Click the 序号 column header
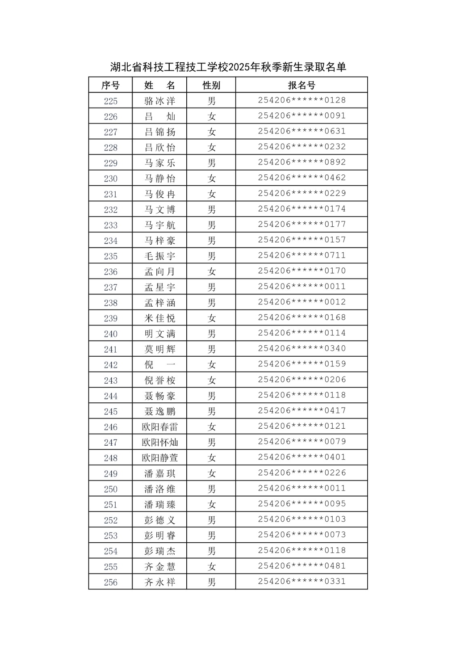(x=110, y=85)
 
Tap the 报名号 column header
(x=301, y=85)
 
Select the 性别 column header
(x=211, y=85)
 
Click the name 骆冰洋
(x=160, y=101)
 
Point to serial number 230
(x=110, y=178)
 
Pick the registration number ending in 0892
(x=302, y=162)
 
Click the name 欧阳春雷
(x=160, y=427)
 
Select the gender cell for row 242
(x=211, y=365)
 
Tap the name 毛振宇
(x=160, y=256)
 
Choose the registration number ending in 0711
(x=302, y=255)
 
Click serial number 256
(x=110, y=582)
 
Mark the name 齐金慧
(x=160, y=567)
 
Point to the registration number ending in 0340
(x=302, y=348)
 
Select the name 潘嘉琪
(x=160, y=473)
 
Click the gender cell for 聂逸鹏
(x=211, y=411)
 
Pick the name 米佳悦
(x=160, y=318)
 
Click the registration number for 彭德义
(x=302, y=519)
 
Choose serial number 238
(x=110, y=302)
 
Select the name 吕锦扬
(x=160, y=132)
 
